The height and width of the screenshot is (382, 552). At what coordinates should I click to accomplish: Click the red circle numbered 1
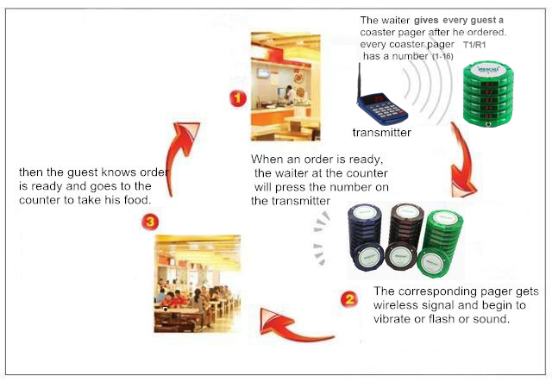point(238,98)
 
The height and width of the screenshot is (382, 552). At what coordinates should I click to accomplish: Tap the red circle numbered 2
point(349,299)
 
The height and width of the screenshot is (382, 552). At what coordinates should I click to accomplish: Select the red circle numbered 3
point(150,222)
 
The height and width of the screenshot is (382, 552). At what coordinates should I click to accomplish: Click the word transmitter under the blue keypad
point(381,133)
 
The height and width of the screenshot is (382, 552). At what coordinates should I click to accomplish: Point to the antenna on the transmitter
point(360,81)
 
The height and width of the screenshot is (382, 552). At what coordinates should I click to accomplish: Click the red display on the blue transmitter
point(379,98)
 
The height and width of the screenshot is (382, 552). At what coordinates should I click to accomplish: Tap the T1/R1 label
point(474,45)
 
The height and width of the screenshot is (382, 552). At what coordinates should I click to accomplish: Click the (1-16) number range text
point(442,56)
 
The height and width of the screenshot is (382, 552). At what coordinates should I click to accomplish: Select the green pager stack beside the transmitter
point(488,94)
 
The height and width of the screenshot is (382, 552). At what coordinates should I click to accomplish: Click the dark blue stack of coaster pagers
point(366,237)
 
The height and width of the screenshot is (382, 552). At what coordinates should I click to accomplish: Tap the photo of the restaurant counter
point(285,86)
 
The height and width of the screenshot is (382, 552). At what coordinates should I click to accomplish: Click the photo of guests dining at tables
point(198,284)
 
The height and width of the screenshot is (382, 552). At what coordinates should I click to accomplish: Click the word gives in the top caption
point(426,20)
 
